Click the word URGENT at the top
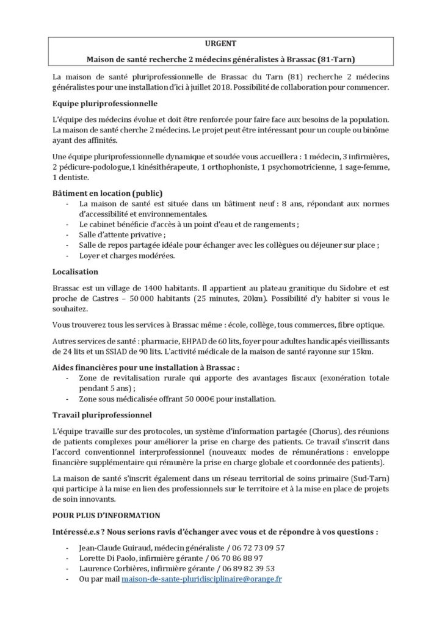pos(220,44)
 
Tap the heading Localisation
pos(76,271)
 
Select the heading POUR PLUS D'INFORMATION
pos(107,516)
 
